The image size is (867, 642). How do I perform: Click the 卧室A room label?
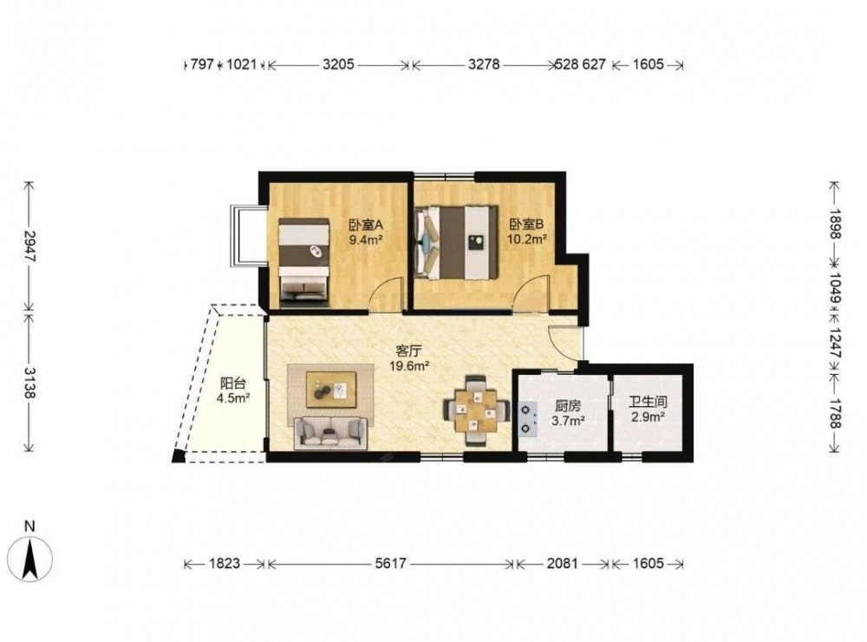pos(366,226)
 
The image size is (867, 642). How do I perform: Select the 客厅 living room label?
pos(409,350)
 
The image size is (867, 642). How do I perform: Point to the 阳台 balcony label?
pos(233,383)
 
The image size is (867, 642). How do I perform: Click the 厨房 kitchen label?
pos(568,406)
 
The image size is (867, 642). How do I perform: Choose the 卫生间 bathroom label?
pos(648,402)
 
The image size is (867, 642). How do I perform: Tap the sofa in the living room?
pos(330,433)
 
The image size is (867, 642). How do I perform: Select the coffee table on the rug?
pos(331,390)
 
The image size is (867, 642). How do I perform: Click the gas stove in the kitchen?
pos(527,419)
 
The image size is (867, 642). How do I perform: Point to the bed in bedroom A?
pos(304,262)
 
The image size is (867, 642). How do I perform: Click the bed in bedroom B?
pos(457,242)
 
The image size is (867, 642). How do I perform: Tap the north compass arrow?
pos(30,559)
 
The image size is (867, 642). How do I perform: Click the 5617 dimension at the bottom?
pos(390,563)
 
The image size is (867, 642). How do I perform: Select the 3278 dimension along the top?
pos(484,65)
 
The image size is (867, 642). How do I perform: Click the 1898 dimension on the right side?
pos(835,224)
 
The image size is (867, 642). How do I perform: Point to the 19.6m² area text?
pos(409,366)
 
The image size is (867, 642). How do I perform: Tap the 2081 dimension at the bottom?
pos(563,563)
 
